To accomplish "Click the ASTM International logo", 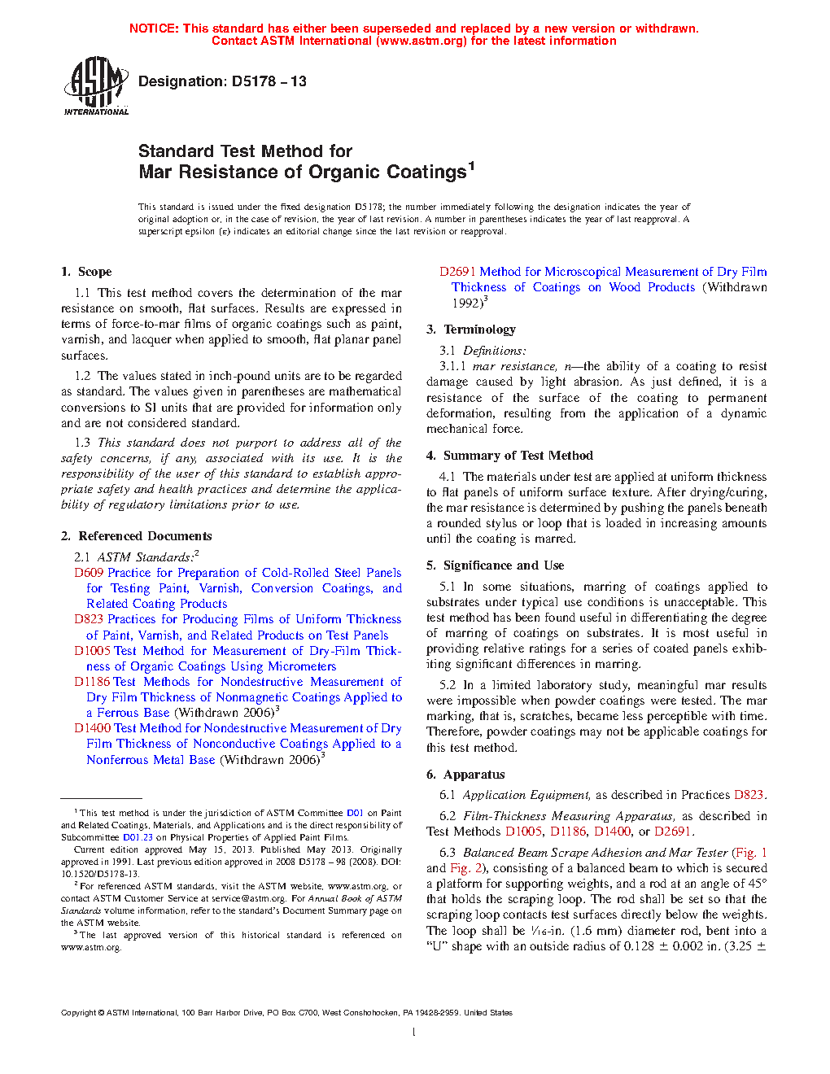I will [x=95, y=85].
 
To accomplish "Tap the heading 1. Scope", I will [x=86, y=272].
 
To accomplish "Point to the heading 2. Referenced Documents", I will [x=136, y=536].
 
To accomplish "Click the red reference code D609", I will [x=89, y=573].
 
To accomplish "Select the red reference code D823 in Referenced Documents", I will [x=89, y=619].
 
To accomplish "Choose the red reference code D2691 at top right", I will [x=457, y=272].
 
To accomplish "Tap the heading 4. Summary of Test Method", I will [x=509, y=456].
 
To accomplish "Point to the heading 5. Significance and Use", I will [x=495, y=565].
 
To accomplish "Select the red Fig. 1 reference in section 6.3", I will [x=749, y=853].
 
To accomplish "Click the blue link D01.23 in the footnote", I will [x=138, y=837].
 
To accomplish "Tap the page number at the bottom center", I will [x=414, y=1033].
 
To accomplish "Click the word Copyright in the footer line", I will [x=78, y=1013].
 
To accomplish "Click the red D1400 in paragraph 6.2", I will [x=612, y=832].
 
